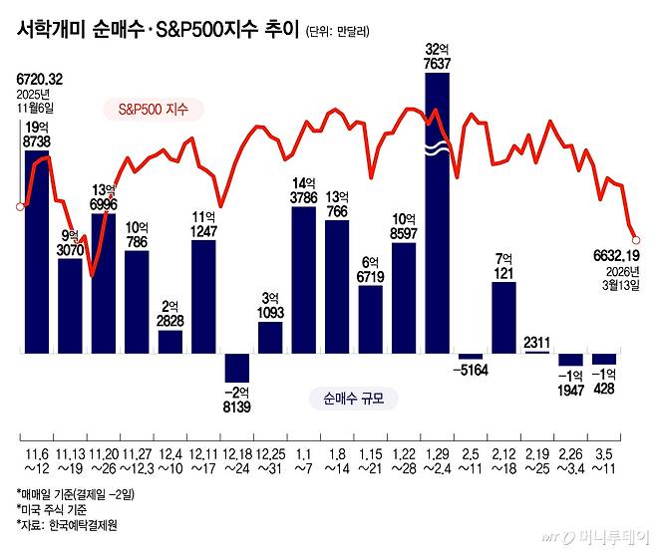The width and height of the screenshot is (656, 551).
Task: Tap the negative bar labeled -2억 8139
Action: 237,367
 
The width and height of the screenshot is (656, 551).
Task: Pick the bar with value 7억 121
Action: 504,317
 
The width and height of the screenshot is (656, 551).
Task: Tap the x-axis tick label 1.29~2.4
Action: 438,461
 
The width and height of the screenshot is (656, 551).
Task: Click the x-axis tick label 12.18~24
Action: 237,461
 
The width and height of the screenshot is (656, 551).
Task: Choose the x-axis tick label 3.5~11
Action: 604,461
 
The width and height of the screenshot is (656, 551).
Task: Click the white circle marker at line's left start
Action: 19,207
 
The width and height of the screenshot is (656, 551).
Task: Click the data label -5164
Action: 472,370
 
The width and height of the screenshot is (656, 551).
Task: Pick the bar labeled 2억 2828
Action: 170,341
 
